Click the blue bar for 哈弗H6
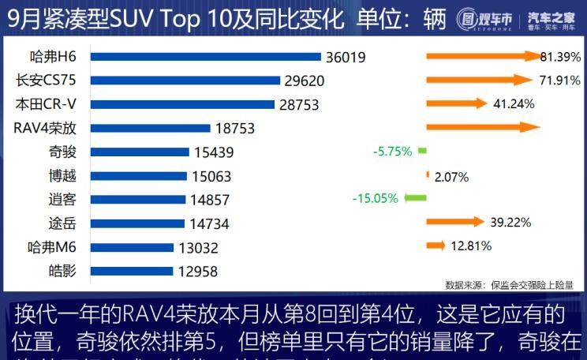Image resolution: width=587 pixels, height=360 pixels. [205, 57]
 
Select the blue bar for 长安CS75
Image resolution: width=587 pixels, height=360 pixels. [185, 81]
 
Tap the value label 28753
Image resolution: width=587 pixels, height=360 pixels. [301, 104]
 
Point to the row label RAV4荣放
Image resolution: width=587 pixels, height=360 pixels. [45, 128]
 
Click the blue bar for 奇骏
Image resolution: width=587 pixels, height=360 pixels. [140, 152]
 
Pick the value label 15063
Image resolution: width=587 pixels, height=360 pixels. [213, 175]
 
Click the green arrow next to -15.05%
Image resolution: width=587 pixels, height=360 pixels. [415, 198]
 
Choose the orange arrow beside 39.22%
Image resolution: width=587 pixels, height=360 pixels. [454, 222]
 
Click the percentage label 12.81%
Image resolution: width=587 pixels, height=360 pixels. [471, 246]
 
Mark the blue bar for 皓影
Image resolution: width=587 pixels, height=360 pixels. [131, 271]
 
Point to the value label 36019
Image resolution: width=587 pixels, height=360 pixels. [348, 57]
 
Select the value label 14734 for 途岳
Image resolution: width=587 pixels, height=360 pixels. [210, 223]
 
